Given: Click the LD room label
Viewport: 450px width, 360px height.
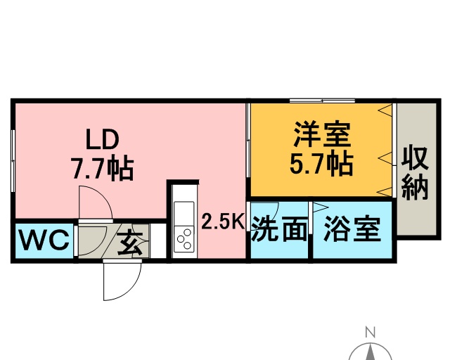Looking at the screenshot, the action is (x=103, y=139).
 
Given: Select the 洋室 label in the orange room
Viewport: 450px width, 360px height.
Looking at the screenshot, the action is (x=322, y=135).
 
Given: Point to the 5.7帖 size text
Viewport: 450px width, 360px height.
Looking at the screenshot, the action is (x=321, y=164).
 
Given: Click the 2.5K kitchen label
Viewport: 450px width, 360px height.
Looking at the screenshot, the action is (x=223, y=222).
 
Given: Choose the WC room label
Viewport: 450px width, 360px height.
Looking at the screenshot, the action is (x=44, y=240).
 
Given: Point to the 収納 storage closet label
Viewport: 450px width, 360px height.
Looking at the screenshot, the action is (x=415, y=173).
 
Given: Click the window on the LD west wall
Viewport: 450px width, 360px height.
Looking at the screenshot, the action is (x=13, y=161).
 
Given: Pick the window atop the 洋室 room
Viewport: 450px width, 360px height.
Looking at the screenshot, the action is (x=322, y=101).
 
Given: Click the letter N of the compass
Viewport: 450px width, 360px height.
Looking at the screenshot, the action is (x=371, y=333).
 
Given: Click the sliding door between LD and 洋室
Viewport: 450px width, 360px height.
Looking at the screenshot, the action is (x=248, y=141).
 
